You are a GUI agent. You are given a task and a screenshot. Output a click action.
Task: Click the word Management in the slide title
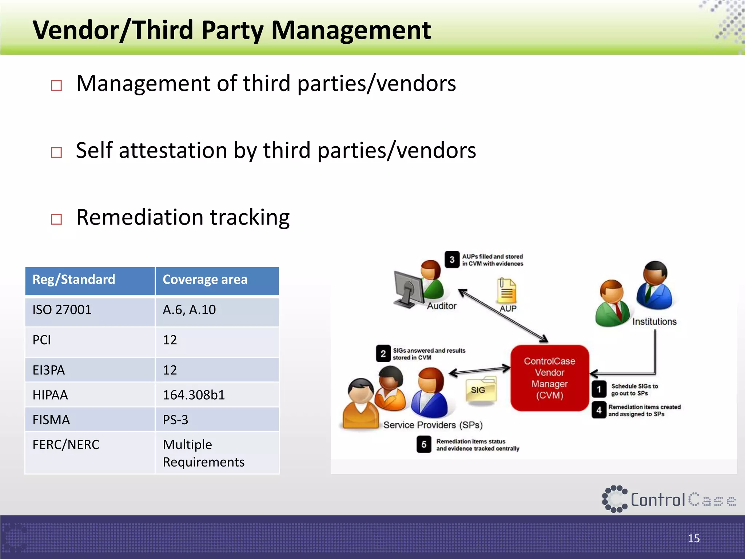[351, 30]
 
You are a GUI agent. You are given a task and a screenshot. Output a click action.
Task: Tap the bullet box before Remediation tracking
[56, 219]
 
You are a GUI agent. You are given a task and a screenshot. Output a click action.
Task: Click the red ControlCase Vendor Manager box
[549, 378]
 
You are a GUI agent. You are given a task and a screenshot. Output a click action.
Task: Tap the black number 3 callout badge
[452, 259]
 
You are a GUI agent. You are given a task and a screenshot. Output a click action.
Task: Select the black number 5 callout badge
[424, 444]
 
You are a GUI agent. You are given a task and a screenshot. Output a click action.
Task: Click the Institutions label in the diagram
[654, 322]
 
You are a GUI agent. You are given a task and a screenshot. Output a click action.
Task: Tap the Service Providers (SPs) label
[433, 425]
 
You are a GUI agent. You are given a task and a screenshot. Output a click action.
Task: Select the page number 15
[694, 538]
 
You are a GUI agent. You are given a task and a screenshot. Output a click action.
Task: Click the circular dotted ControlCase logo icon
[615, 499]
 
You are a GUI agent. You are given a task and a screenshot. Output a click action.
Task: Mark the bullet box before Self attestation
[56, 152]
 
